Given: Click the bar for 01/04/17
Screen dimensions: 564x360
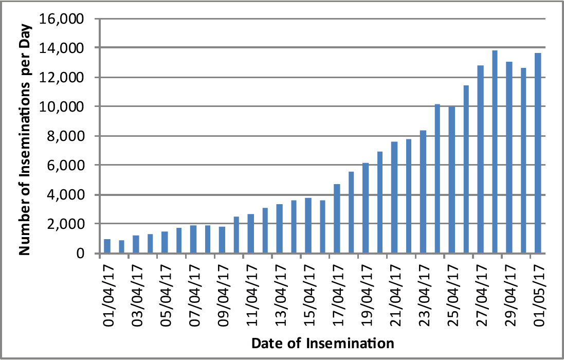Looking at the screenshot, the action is click(107, 246).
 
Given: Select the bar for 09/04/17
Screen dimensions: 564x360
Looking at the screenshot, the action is click(222, 240).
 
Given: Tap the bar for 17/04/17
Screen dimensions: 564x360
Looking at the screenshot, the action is click(337, 219).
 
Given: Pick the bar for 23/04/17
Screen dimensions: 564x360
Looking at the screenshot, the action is click(423, 192).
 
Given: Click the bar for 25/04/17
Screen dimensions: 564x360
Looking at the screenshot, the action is click(452, 180).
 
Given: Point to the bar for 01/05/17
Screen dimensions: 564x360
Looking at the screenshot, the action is click(538, 153).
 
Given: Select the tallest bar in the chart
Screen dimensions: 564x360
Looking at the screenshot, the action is click(495, 152).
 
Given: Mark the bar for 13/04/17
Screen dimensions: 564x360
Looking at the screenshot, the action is click(280, 229).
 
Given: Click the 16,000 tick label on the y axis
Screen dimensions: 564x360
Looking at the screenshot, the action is click(62, 19).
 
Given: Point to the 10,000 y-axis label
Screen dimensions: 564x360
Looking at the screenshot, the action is click(62, 107).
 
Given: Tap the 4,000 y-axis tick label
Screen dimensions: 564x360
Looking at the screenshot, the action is click(66, 195).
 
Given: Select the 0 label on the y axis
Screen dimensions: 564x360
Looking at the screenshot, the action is click(80, 254).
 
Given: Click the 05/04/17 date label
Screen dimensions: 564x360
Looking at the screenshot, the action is click(166, 296).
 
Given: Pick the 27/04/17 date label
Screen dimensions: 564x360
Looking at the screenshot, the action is click(482, 296).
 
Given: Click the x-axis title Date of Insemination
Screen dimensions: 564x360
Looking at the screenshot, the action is click(323, 343).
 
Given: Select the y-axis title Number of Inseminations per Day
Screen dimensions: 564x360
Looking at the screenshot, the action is click(25, 140).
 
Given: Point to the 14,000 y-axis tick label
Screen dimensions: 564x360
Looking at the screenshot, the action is click(62, 48).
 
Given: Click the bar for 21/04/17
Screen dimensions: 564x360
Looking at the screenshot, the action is click(394, 197).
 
